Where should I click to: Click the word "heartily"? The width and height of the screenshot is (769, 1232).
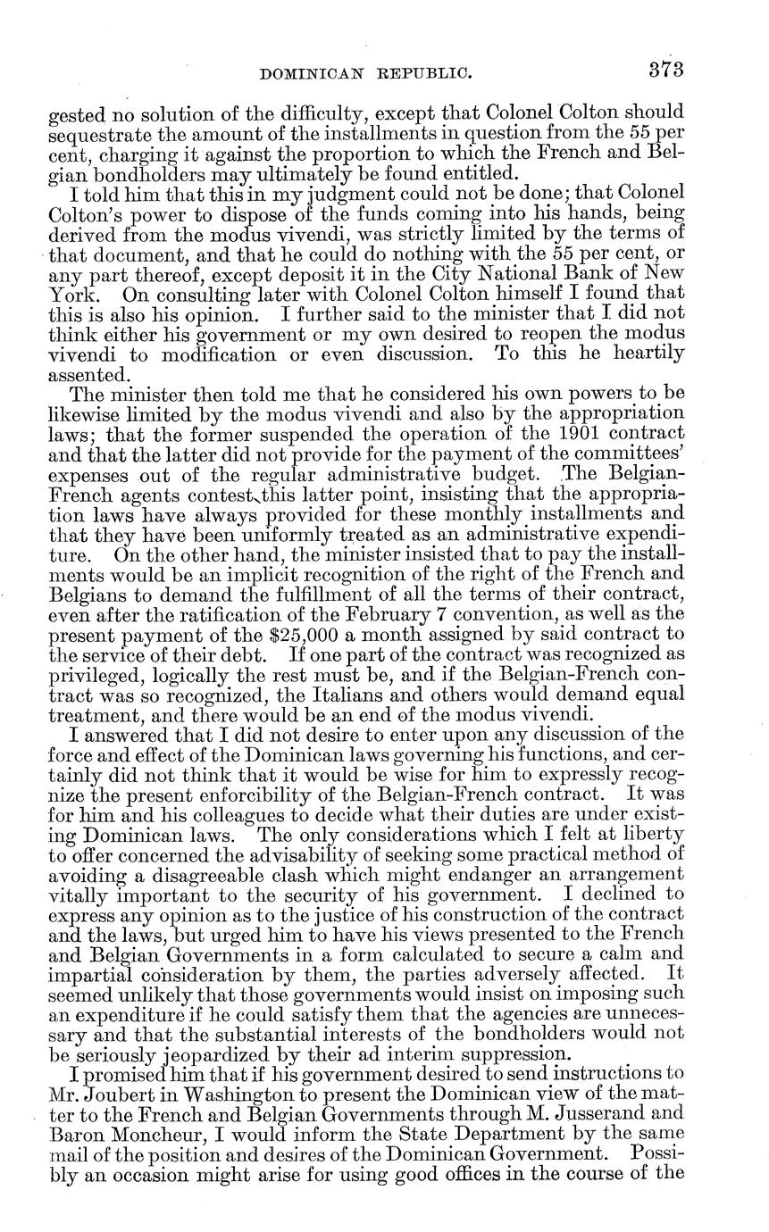(x=648, y=354)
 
